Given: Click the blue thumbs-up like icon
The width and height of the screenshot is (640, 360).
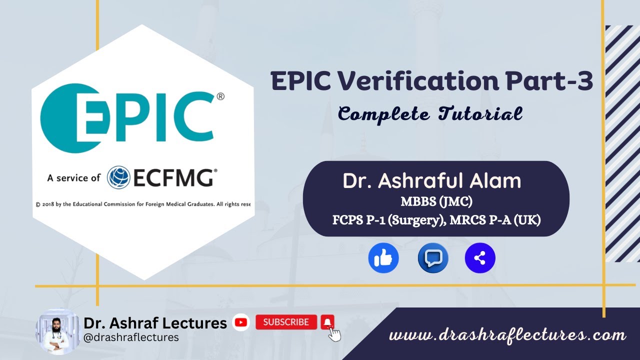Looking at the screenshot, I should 383,258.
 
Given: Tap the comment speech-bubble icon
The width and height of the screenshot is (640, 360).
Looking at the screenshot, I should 432,258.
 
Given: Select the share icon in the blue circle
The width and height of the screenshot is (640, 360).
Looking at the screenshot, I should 479,258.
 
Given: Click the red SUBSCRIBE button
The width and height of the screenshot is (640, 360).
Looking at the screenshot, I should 286,322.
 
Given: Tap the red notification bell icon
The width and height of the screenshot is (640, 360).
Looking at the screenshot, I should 327,321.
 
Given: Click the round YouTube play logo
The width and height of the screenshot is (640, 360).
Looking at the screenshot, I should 241,322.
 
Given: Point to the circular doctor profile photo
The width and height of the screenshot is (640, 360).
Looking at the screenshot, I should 57,331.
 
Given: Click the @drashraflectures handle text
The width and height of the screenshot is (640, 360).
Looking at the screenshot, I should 131,337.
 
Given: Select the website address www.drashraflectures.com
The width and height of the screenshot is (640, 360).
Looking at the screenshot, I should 507,335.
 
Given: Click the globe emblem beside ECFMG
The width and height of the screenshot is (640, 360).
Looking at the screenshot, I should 119,177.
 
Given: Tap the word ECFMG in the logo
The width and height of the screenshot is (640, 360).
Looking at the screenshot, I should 173,177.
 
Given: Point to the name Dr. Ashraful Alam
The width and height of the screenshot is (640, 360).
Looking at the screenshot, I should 431,181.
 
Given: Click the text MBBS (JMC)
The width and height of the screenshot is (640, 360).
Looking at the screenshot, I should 436,202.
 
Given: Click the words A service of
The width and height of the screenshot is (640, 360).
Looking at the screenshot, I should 73,177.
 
